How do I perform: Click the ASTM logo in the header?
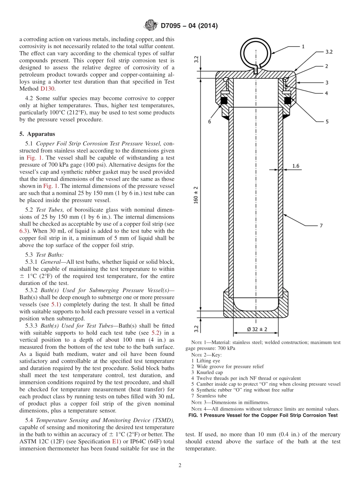(x=151, y=25)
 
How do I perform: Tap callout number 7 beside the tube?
(x=321, y=225)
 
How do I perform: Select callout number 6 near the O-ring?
(x=209, y=122)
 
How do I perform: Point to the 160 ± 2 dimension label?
(x=196, y=195)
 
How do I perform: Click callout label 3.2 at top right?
(x=329, y=52)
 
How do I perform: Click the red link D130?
(x=47, y=89)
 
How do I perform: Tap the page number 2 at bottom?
(x=180, y=466)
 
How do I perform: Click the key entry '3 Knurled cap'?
(x=207, y=372)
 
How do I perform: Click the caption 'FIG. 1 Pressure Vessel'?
(x=263, y=415)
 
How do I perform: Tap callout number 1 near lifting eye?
(x=303, y=46)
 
